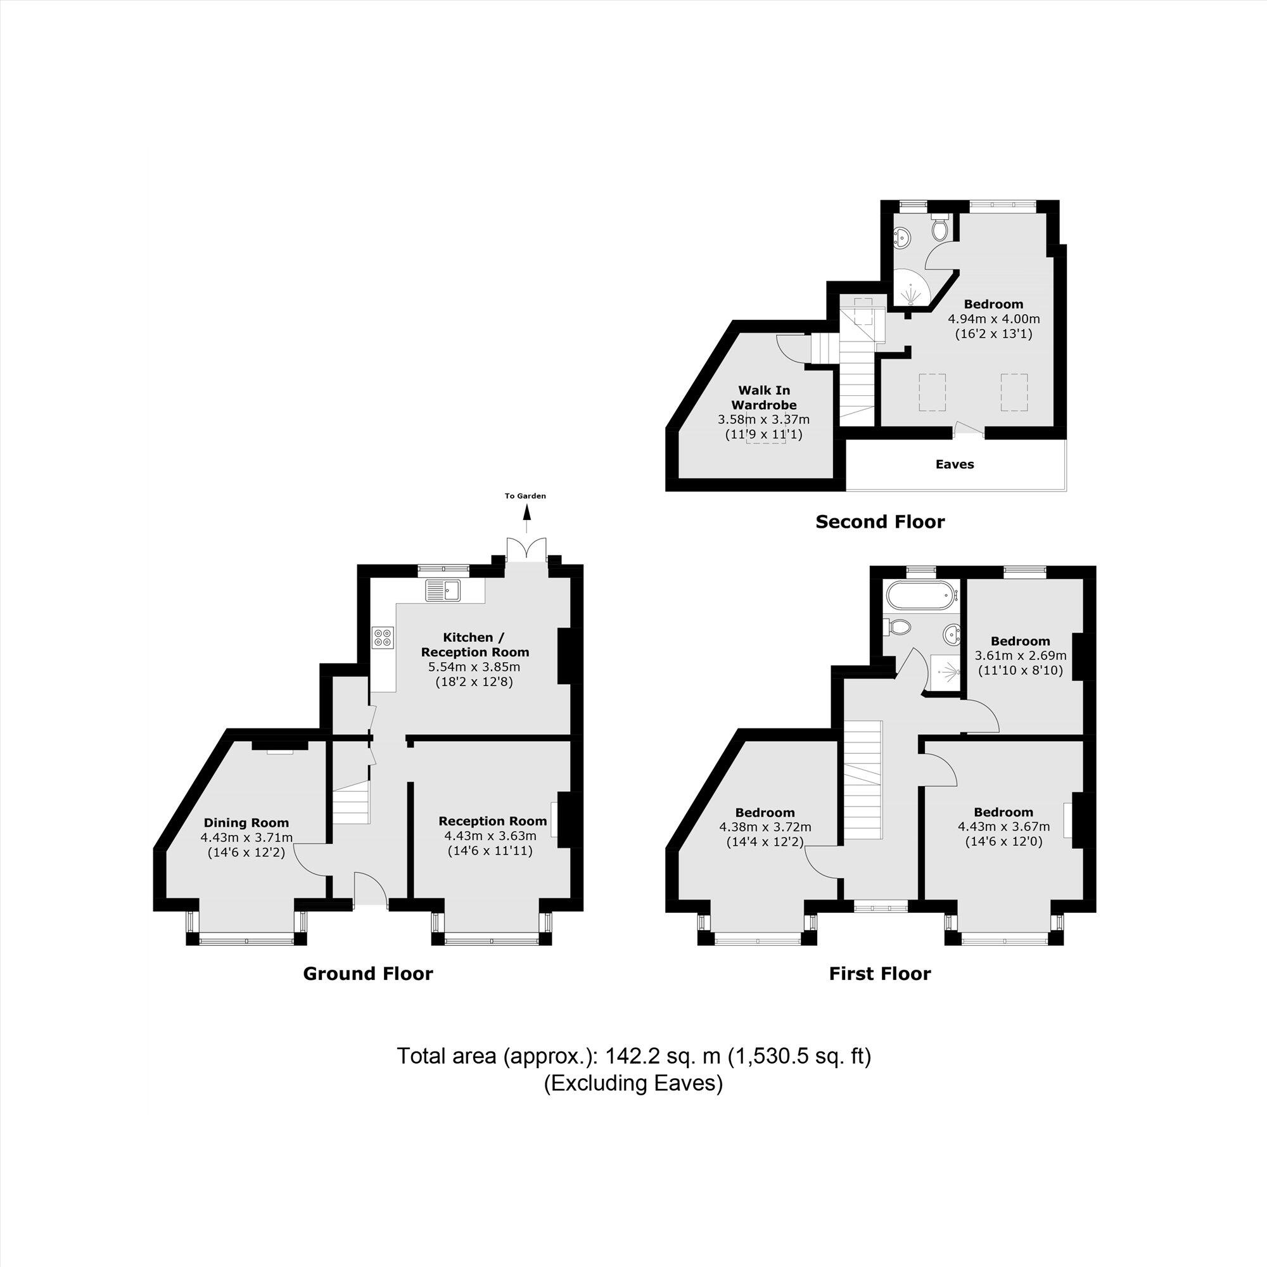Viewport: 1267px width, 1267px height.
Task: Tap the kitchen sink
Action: coord(443,590)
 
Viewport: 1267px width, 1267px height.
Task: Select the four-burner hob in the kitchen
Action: coord(384,637)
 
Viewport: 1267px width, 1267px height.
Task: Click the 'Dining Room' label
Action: coord(246,823)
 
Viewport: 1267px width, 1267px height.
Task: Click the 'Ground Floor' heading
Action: coord(368,974)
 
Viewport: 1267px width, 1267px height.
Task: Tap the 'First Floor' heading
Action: coord(879,974)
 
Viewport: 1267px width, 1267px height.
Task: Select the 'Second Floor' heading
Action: coord(880,522)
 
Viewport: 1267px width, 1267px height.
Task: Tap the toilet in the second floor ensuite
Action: coord(939,226)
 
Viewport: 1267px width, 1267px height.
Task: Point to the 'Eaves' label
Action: coord(954,464)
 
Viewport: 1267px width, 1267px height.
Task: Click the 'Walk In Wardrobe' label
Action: coord(764,398)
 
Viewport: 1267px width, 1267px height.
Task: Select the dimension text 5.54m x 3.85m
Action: coord(474,668)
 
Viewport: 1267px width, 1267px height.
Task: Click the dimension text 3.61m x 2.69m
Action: coord(1021,656)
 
